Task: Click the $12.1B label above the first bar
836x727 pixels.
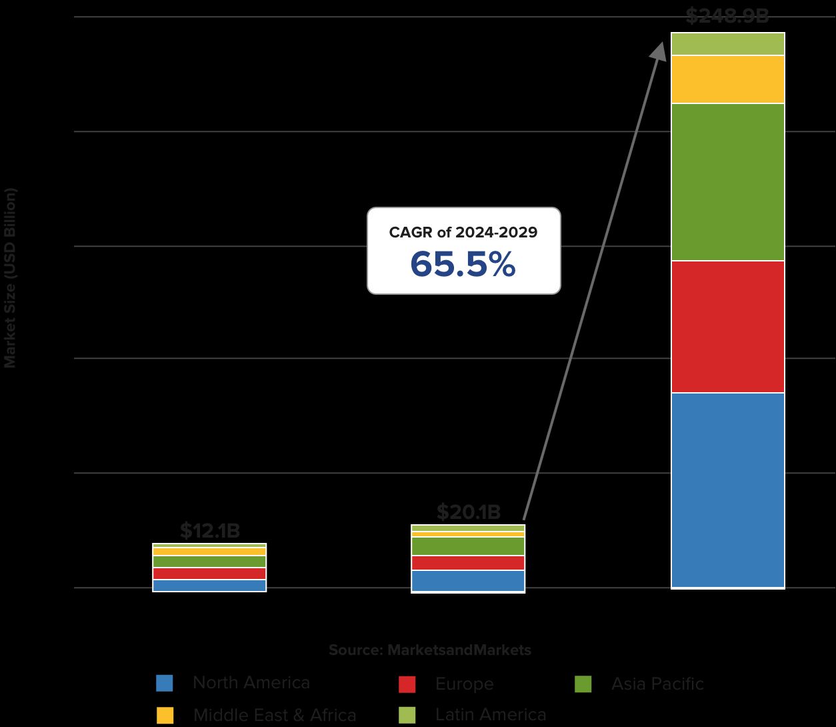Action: pos(209,531)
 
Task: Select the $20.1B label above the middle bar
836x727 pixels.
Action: pos(468,512)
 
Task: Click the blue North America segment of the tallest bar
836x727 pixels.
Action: pos(727,490)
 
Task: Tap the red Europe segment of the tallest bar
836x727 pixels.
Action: pos(727,327)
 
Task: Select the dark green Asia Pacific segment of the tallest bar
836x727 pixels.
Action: pos(727,182)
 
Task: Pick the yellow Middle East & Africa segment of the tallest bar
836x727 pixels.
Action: pos(727,79)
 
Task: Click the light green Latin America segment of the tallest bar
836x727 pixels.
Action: pos(727,44)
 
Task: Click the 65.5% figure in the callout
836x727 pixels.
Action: pos(463,264)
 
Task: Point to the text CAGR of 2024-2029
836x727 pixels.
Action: pos(463,232)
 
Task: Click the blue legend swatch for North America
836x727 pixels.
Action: pos(164,683)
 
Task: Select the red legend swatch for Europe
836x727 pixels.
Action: pos(407,684)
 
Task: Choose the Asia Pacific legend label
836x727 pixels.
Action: pos(657,684)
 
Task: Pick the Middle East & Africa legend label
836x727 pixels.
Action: pos(275,715)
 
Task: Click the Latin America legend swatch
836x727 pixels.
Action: pos(407,715)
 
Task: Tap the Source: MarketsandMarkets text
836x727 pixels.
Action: pos(430,650)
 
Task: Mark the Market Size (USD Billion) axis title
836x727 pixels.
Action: pos(10,277)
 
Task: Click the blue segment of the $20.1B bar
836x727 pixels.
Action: pos(468,580)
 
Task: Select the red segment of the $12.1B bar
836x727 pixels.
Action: pos(209,574)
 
